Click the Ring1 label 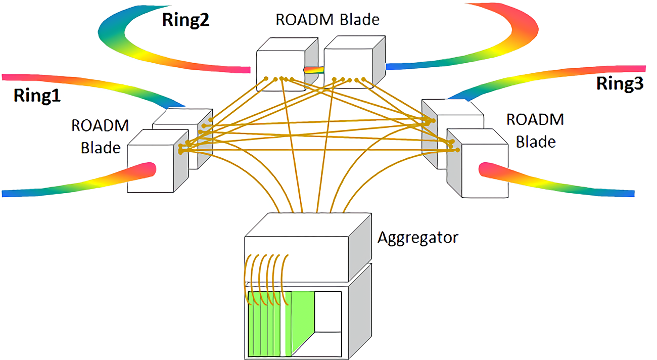click(37, 96)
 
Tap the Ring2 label click(185, 20)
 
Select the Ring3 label click(620, 83)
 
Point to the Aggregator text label click(417, 238)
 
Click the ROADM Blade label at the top click(327, 20)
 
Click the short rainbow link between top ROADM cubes click(314, 70)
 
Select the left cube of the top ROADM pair click(287, 64)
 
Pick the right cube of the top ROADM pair click(354, 62)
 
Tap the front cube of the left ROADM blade click(158, 161)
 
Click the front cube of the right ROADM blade click(478, 163)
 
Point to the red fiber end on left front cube click(150, 169)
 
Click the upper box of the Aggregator click(308, 247)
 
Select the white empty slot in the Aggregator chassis click(328, 311)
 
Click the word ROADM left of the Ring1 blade click(100, 125)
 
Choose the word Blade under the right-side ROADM click(536, 142)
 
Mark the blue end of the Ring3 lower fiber click(629, 194)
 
